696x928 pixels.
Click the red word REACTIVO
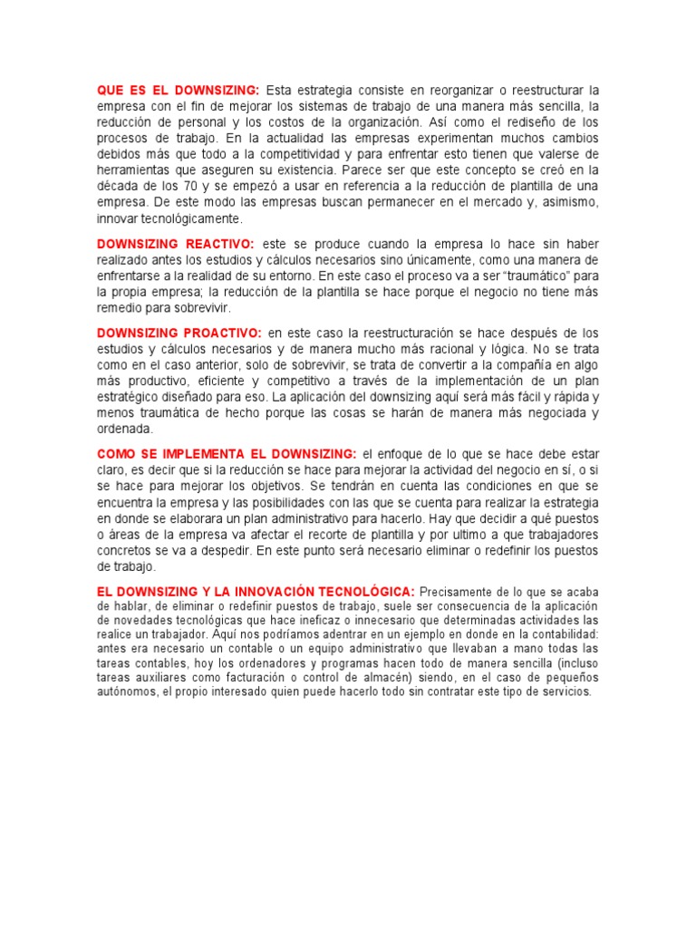pyautogui.click(x=222, y=245)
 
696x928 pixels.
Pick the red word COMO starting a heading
pyautogui.click(x=117, y=452)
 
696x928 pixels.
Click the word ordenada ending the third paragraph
pyautogui.click(x=125, y=430)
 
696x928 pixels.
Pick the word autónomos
pyautogui.click(x=127, y=691)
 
